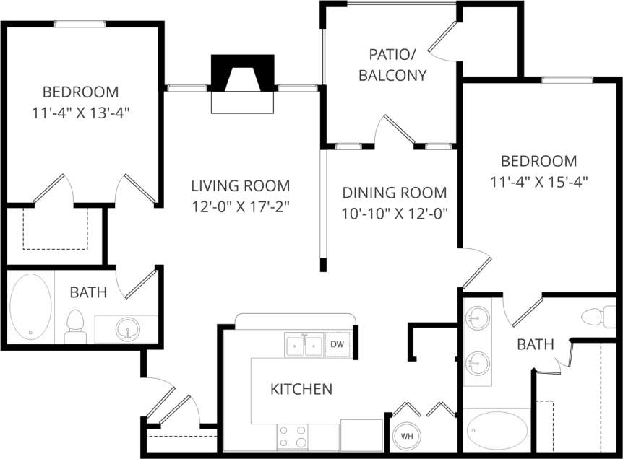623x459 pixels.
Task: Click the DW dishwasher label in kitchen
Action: pos(338,345)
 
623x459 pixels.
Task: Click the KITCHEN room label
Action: pos(301,390)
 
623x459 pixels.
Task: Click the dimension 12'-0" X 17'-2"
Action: pos(240,206)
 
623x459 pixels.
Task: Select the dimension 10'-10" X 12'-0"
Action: pos(395,214)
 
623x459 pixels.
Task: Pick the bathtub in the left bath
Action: pos(30,306)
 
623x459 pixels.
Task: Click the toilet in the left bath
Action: pos(75,326)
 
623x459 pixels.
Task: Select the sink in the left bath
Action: pos(128,328)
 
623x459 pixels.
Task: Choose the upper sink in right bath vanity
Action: pos(476,315)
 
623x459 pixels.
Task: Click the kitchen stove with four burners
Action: pos(293,437)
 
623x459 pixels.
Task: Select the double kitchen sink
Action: pos(304,346)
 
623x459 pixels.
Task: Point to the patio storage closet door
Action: pos(444,40)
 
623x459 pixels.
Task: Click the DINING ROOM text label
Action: pos(395,193)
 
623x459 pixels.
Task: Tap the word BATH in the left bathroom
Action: pos(88,292)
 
